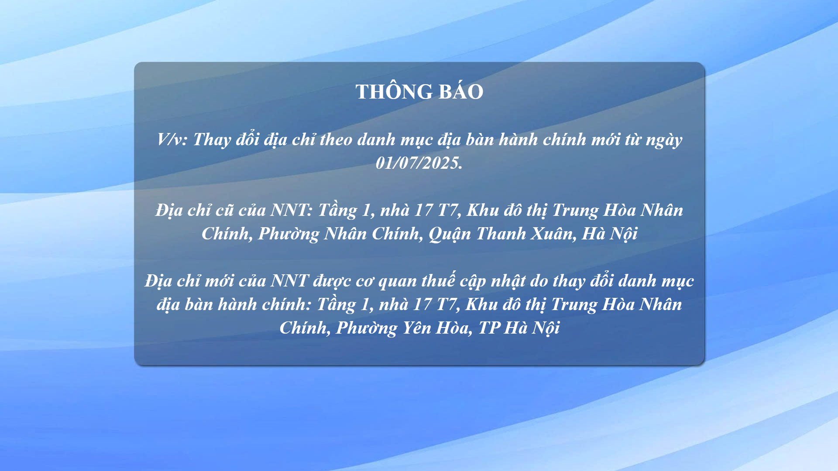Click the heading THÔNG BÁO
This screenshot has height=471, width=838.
pyautogui.click(x=419, y=92)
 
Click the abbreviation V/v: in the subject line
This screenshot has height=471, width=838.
pyautogui.click(x=172, y=140)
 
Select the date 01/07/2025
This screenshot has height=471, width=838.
pyautogui.click(x=419, y=163)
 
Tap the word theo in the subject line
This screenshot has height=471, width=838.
pyautogui.click(x=336, y=140)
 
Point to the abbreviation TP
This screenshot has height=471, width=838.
pyautogui.click(x=489, y=328)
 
